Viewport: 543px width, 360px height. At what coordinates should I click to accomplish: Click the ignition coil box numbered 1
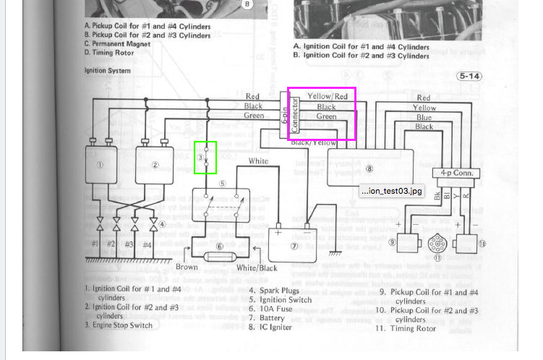pyautogui.click(x=101, y=166)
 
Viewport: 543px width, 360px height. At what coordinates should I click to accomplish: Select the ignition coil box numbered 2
pyautogui.click(x=155, y=166)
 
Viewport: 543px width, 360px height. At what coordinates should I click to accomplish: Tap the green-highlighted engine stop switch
pyautogui.click(x=206, y=158)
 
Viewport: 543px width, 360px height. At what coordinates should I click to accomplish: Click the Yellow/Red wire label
pyautogui.click(x=327, y=96)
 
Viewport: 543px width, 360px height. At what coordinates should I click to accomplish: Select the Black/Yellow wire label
pyautogui.click(x=313, y=142)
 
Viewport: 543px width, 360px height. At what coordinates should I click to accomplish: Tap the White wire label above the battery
pyautogui.click(x=259, y=160)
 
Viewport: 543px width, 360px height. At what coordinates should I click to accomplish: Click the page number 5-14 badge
pyautogui.click(x=470, y=76)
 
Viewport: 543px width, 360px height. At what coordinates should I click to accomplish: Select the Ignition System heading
pyautogui.click(x=108, y=71)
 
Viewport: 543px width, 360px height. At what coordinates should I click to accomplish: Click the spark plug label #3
pyautogui.click(x=129, y=244)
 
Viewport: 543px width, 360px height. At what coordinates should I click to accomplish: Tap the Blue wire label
pyautogui.click(x=424, y=117)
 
